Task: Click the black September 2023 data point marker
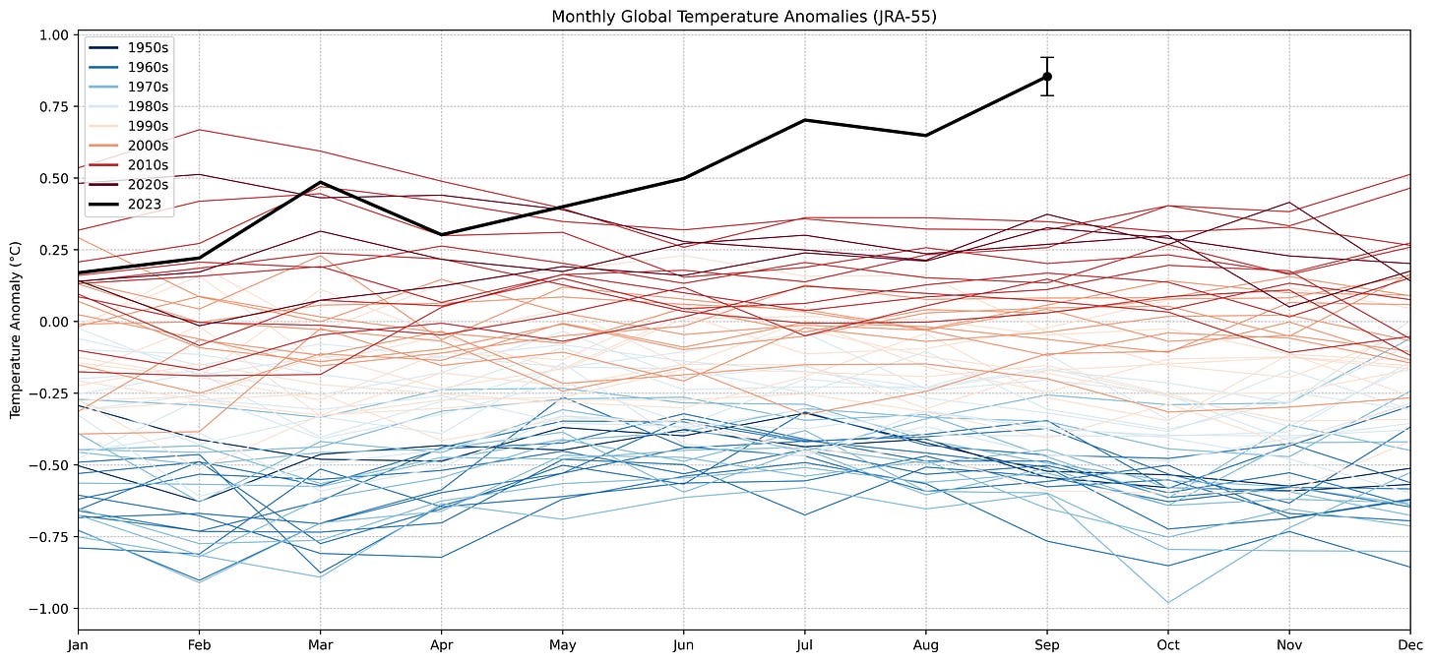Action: tap(1047, 77)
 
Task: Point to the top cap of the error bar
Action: tap(1047, 57)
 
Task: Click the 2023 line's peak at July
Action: tap(804, 120)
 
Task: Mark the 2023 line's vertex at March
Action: tap(320, 182)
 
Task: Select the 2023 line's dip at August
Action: tap(925, 136)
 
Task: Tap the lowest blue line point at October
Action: tap(1168, 603)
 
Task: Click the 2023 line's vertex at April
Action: tap(441, 235)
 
